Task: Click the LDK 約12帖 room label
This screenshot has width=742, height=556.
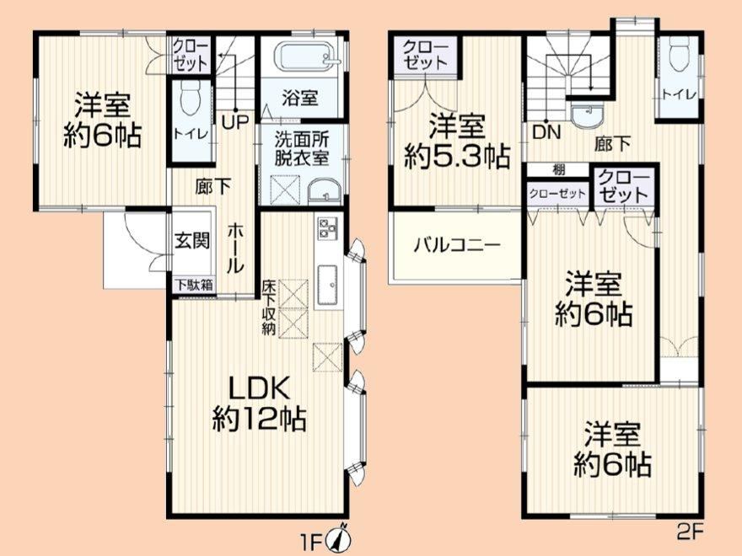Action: pos(260,404)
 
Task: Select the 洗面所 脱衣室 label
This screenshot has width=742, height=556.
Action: pos(302,149)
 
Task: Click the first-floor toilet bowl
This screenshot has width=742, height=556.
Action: pos(191,99)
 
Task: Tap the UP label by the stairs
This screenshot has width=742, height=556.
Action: pos(235,122)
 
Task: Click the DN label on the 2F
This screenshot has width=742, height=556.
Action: pos(546,132)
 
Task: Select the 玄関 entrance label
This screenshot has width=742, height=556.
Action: pos(192,241)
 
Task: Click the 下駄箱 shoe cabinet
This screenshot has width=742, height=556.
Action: pos(195,286)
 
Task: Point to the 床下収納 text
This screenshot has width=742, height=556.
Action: pos(269,308)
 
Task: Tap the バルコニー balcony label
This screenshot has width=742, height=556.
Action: pos(457,245)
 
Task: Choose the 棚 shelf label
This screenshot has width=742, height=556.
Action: pos(559,169)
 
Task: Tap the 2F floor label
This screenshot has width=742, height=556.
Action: pos(689,532)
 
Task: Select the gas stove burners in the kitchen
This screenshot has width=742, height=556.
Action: pos(326,228)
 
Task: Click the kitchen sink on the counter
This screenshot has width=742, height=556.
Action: pos(327,285)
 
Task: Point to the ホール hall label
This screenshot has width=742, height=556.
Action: pos(235,249)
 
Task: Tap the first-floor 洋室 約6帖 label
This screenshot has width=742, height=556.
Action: pos(103,120)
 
